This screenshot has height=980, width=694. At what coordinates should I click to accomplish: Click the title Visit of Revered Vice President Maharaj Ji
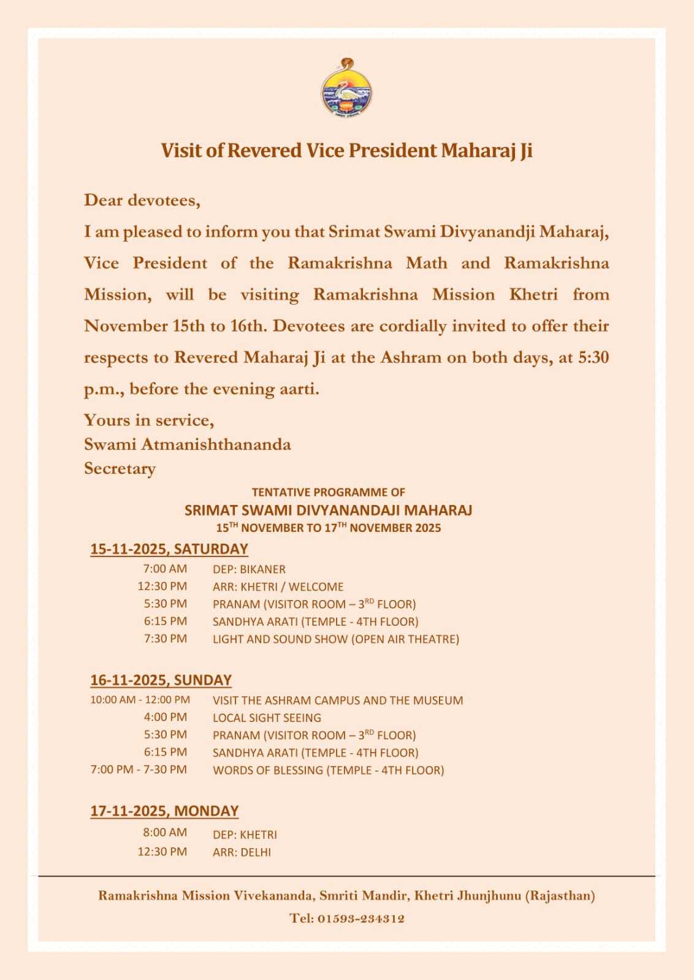tap(346, 151)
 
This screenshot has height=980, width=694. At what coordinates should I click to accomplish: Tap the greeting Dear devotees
tap(142, 200)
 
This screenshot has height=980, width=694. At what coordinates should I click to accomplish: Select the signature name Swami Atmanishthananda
tap(187, 444)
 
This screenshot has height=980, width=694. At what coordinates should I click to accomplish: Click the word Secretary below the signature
tap(120, 469)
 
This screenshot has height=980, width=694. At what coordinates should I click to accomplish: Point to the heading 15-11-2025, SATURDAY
tap(169, 549)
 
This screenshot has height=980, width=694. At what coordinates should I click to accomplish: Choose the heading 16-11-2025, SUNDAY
tap(161, 680)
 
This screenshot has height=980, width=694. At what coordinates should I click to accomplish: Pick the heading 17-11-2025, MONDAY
tap(164, 811)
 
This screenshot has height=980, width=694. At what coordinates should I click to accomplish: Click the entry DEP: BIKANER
tap(249, 569)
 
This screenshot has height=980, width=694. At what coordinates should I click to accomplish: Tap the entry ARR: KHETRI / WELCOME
tap(278, 587)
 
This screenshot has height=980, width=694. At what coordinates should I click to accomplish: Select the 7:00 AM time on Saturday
tap(165, 569)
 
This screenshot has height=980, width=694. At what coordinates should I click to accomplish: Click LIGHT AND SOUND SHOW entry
tap(335, 639)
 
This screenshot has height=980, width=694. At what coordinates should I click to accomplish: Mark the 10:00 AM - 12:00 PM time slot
tap(140, 700)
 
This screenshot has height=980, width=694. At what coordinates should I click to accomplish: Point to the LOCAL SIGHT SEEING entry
tap(267, 718)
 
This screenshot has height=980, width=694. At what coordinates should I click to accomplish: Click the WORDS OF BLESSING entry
tap(328, 770)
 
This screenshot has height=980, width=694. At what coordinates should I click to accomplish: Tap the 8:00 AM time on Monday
tap(165, 832)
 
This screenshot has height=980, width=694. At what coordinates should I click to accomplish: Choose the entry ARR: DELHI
tap(242, 853)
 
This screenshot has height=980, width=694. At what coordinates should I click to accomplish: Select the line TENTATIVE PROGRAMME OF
tap(328, 492)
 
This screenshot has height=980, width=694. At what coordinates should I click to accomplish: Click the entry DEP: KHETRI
tap(245, 835)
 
